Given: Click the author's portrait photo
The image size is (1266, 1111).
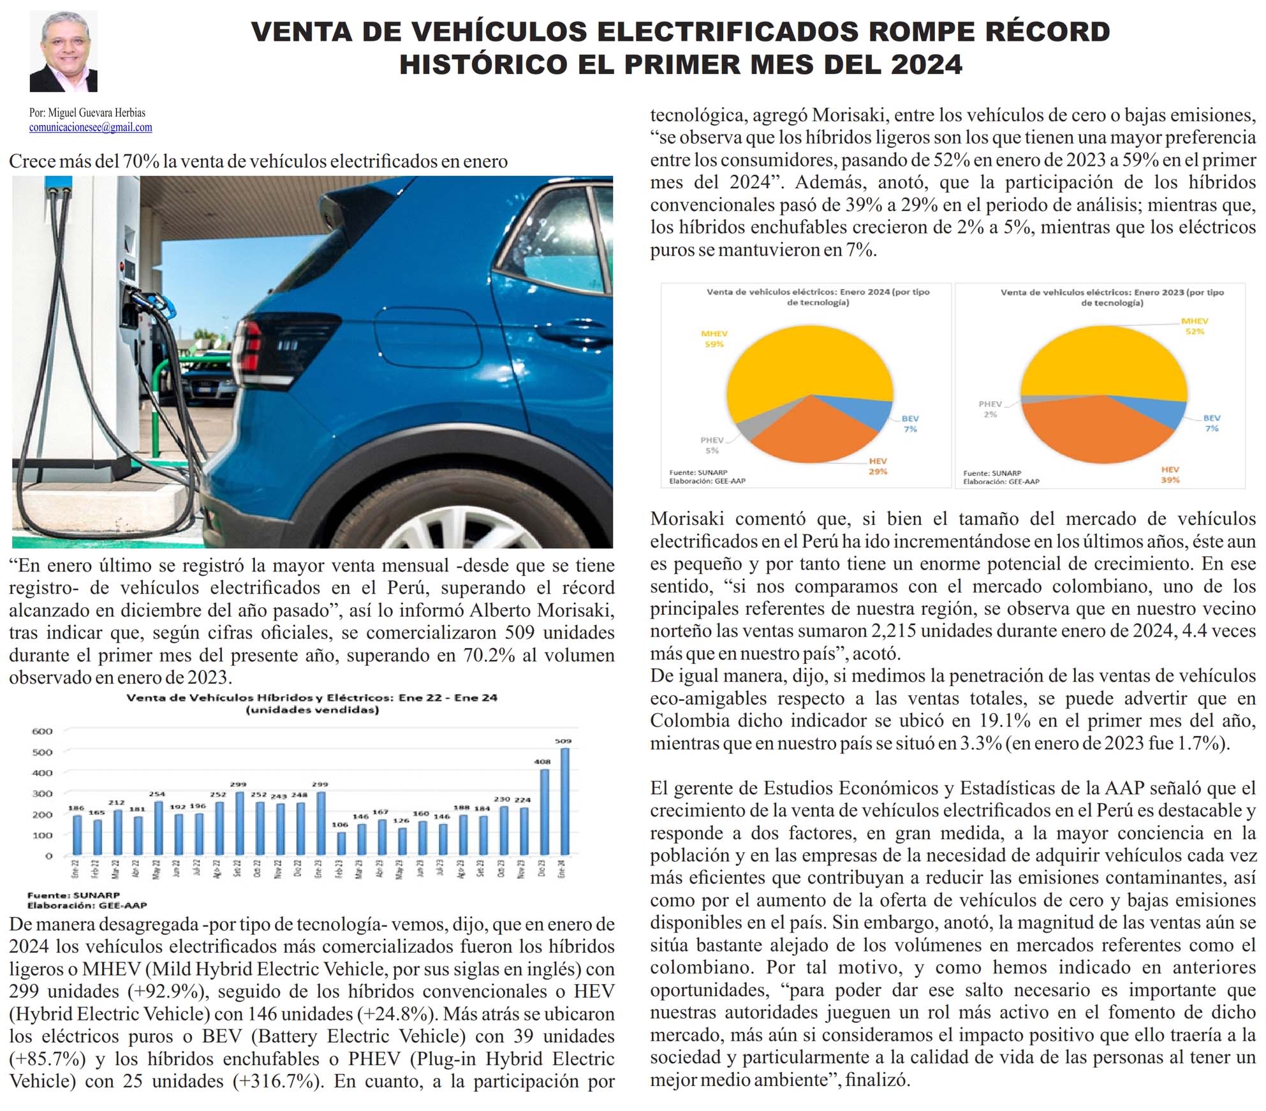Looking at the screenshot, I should (x=63, y=51).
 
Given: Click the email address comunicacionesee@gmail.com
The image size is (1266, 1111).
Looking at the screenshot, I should (x=91, y=127).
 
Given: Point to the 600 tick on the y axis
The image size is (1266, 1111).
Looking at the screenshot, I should (x=42, y=731).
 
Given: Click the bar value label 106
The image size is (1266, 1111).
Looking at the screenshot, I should (x=340, y=825).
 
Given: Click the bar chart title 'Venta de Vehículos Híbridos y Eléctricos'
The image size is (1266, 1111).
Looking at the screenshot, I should (x=312, y=697).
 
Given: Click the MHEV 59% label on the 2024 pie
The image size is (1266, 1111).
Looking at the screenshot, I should (x=714, y=339).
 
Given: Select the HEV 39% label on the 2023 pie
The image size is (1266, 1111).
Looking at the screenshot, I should (x=1170, y=475).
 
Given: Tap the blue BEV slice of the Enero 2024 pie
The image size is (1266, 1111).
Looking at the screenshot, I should (x=871, y=412).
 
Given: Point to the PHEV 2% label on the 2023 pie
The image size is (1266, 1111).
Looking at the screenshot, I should (x=990, y=409).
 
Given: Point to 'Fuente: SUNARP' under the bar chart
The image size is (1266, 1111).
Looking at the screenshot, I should (x=73, y=895).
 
